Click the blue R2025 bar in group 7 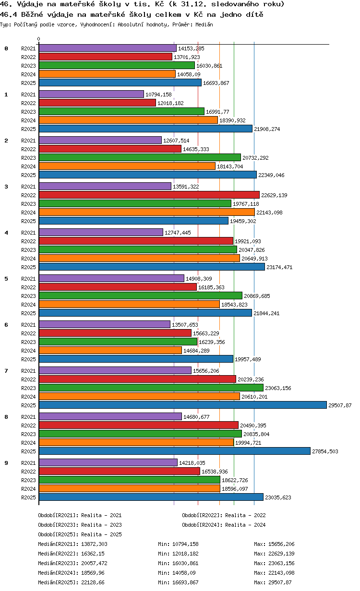[x=182, y=405]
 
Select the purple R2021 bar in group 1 [x=91, y=94]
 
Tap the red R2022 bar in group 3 [x=149, y=195]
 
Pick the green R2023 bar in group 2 [x=140, y=157]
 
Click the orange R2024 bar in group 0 [x=107, y=74]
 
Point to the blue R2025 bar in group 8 [x=175, y=451]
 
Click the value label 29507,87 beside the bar [x=340, y=405]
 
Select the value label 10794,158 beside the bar [x=158, y=95]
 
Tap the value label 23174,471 [x=279, y=267]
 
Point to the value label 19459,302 [x=243, y=221]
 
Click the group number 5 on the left [x=6, y=279]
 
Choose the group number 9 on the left [x=6, y=463]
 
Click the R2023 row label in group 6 [x=28, y=342]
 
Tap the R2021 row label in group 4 [x=28, y=233]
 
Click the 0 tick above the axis [x=39, y=39]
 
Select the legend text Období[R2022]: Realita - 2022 [x=224, y=515]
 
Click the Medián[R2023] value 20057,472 [x=94, y=563]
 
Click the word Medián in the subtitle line [x=204, y=24]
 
